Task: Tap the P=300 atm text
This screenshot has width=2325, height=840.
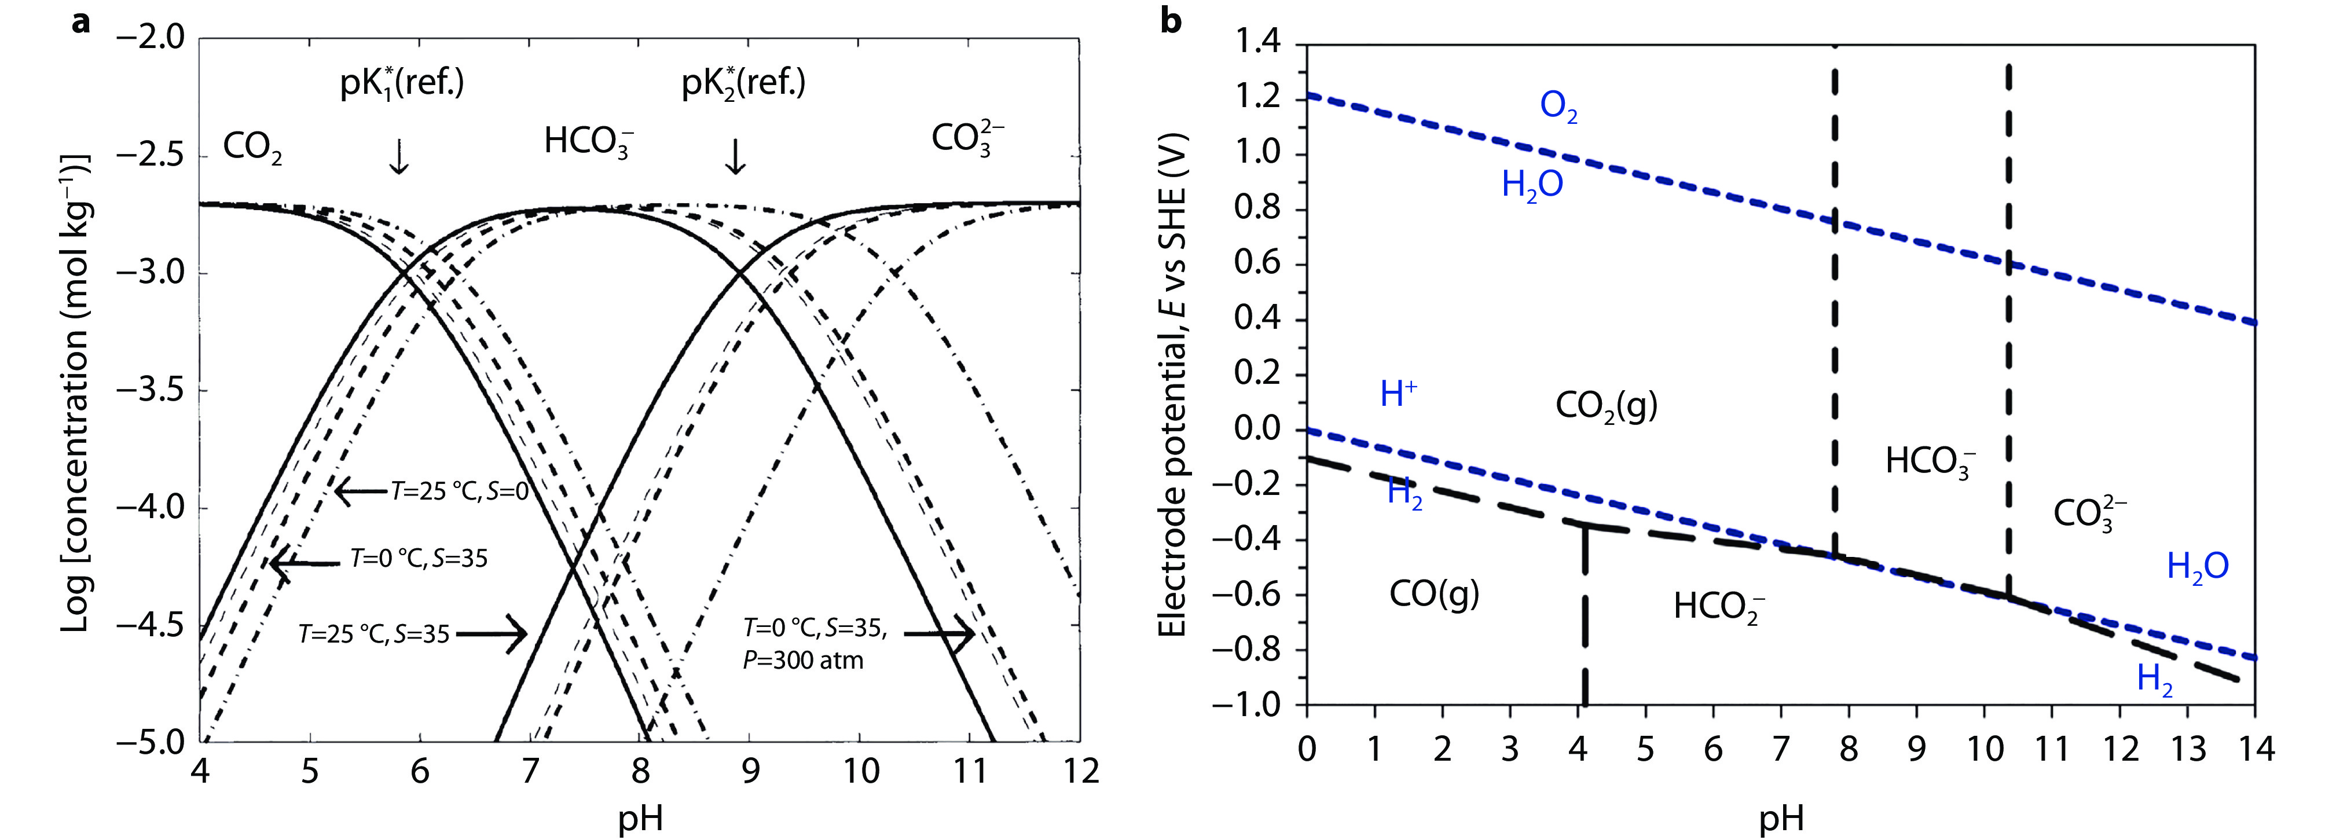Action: coord(804,661)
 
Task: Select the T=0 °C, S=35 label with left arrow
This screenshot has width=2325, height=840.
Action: coord(419,559)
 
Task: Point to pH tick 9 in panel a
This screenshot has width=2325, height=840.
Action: coord(750,772)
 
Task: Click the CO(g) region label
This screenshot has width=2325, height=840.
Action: coord(1434,594)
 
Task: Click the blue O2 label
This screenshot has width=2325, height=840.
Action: coord(1558,107)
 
